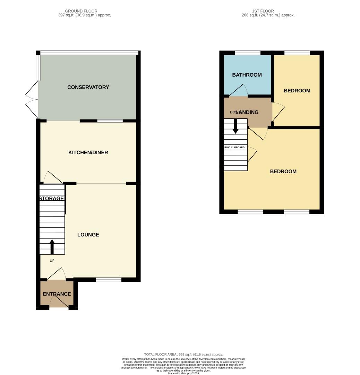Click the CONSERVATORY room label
tap(88, 87)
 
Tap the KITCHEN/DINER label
tap(88, 152)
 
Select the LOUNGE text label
tap(88, 235)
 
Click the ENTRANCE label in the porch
tap(57, 294)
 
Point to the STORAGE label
tap(52, 199)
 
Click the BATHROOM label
tap(247, 75)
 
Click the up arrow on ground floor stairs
tap(52, 247)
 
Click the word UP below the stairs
tap(52, 261)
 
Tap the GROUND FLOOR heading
tap(81, 11)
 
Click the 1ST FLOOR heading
tap(263, 11)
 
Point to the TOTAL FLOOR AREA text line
tap(183, 354)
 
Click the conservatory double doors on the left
tap(32, 99)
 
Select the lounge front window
tap(109, 280)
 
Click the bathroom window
tap(248, 53)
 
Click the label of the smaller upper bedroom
tap(297, 91)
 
